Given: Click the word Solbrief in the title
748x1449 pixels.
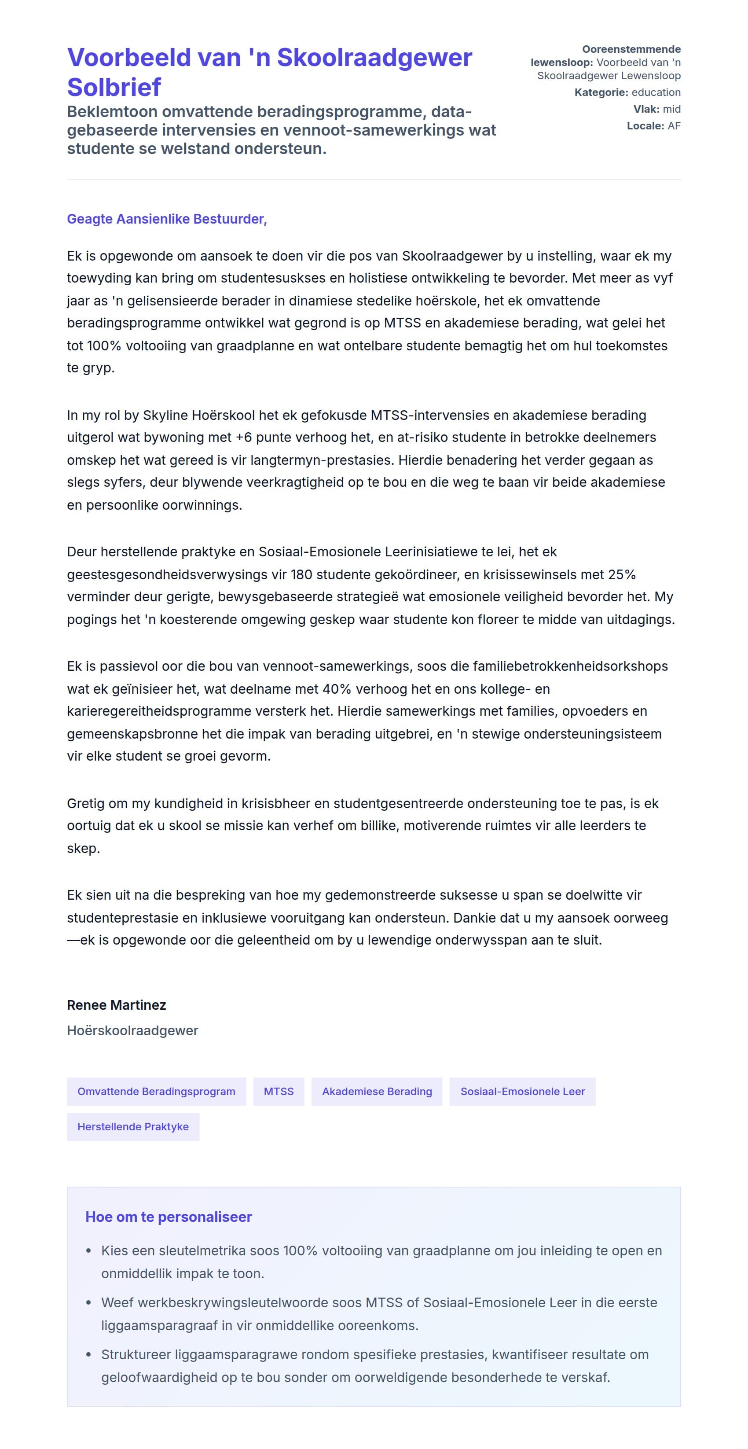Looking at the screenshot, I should [114, 87].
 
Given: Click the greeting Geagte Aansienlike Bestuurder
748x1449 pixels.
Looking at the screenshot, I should [166, 219].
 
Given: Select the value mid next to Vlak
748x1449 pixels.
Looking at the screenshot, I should [671, 109].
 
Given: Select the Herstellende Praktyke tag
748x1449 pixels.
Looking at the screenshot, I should [133, 1127].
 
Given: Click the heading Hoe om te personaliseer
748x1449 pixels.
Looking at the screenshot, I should [168, 1217].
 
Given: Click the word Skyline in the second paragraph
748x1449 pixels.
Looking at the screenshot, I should [165, 415].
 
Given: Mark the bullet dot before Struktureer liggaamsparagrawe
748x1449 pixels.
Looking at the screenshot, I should [88, 1354].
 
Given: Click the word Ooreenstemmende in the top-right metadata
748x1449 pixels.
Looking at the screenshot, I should [631, 49].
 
